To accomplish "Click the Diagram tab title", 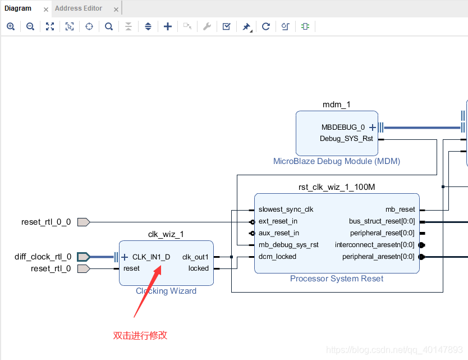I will (x=18, y=8).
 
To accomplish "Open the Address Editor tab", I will (x=79, y=8).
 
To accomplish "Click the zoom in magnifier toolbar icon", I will (x=11, y=26).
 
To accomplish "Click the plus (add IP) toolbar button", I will (x=167, y=26).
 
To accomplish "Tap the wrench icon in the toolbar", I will (x=207, y=26).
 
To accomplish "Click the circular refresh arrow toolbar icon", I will (x=266, y=26).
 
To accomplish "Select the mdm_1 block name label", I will (x=336, y=105).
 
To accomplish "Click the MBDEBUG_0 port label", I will (x=343, y=127).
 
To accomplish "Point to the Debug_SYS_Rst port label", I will (x=346, y=139).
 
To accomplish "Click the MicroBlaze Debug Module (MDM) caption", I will (x=336, y=161).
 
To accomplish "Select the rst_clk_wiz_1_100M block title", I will (x=336, y=187).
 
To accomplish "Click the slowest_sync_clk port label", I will (x=286, y=209).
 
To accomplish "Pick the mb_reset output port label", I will (x=400, y=209).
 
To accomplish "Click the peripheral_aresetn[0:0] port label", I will (x=378, y=257).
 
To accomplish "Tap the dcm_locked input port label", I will (x=277, y=257).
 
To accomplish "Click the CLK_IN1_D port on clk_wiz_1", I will (x=151, y=257).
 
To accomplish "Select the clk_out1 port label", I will (x=195, y=257).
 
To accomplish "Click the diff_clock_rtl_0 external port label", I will (x=43, y=257).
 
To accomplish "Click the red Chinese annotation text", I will (x=140, y=336).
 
